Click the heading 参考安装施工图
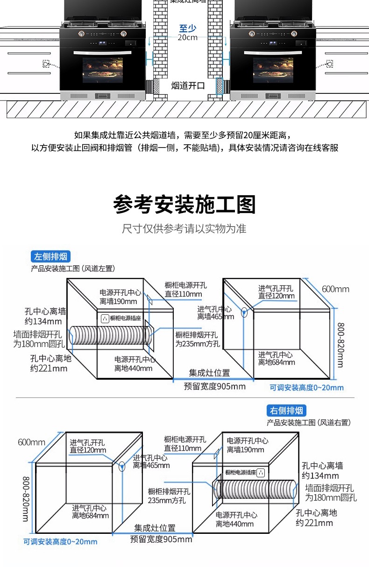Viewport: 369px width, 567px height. pyautogui.click(x=184, y=205)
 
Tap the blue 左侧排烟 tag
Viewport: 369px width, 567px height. pyautogui.click(x=51, y=256)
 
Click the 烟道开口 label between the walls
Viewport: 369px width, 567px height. pyautogui.click(x=188, y=85)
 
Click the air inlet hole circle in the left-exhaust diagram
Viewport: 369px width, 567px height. pyautogui.click(x=244, y=312)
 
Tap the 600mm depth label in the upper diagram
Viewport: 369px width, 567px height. pyautogui.click(x=335, y=289)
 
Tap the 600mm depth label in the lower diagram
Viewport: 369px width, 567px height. pyautogui.click(x=31, y=442)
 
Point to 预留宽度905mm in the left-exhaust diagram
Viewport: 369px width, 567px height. pyautogui.click(x=214, y=386)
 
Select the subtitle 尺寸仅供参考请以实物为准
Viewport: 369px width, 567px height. pyautogui.click(x=184, y=229)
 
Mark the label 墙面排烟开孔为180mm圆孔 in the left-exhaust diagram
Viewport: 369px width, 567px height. pyautogui.click(x=37, y=339)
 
